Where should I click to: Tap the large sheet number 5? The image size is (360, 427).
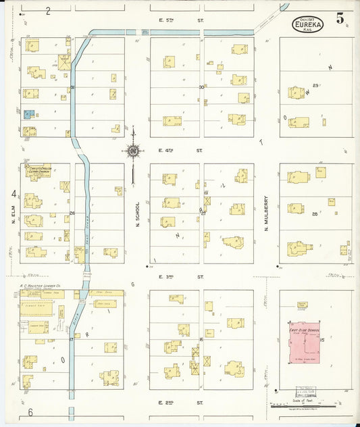pos(340,19)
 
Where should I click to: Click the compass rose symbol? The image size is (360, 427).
pos(133,151)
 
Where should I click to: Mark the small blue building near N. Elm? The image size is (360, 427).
pos(29,115)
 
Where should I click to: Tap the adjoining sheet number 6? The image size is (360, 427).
pos(30,411)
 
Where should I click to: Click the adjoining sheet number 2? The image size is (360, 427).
pos(48,11)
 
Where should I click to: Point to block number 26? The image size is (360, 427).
pos(71,214)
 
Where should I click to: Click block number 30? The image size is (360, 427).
pos(201,87)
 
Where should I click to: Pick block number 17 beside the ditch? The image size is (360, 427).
pos(71,339)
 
